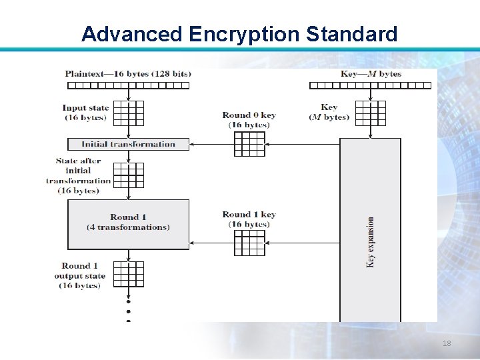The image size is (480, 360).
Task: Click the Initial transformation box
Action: click(128, 144)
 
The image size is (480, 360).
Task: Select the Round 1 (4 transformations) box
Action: click(128, 223)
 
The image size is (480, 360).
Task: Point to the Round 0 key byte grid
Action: click(249, 143)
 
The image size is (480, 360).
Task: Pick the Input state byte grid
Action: click(128, 113)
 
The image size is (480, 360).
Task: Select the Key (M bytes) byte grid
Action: click(371, 113)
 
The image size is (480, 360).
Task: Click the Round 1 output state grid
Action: click(128, 273)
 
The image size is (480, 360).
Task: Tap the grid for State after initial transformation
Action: click(128, 175)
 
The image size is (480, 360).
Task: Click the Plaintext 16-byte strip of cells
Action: click(128, 85)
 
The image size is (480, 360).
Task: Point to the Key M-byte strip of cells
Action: click(371, 85)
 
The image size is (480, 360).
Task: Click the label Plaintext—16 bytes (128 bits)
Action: click(128, 74)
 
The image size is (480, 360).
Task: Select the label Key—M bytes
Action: click(371, 74)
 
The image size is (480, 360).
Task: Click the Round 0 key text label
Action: click(249, 120)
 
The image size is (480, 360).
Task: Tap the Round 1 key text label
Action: click(249, 219)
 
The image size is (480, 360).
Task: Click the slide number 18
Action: click(447, 343)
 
